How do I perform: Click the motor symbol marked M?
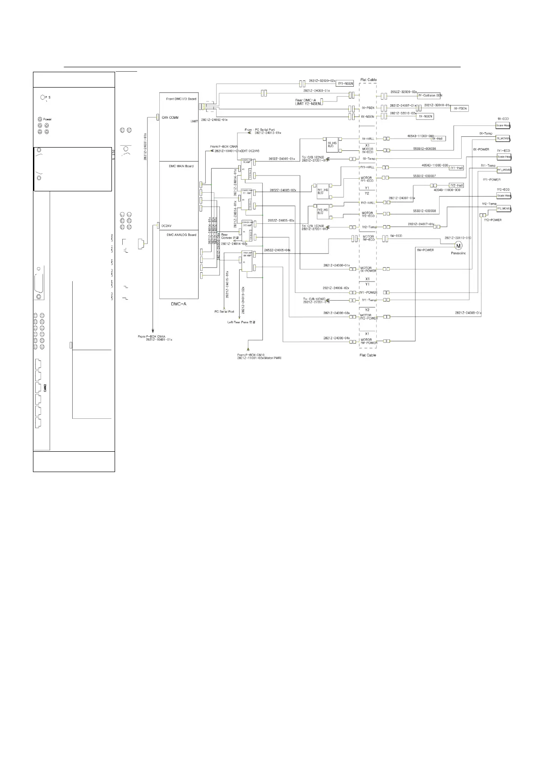click(458, 246)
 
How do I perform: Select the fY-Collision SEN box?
click(430, 96)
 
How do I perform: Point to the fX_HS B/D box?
click(332, 144)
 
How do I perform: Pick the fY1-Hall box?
click(457, 168)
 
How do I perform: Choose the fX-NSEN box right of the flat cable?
click(426, 116)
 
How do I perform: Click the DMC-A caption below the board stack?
click(179, 304)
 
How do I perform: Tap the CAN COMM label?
click(170, 117)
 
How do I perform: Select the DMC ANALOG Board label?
click(181, 235)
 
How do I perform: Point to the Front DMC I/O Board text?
click(181, 99)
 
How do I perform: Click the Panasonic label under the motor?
click(458, 253)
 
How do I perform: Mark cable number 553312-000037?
click(424, 176)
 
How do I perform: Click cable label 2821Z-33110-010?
click(458, 237)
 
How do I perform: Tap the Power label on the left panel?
click(47, 120)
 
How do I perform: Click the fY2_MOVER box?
click(504, 209)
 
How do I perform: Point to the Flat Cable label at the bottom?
click(368, 355)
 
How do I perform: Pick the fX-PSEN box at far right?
click(460, 109)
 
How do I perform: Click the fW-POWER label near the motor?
click(426, 250)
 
